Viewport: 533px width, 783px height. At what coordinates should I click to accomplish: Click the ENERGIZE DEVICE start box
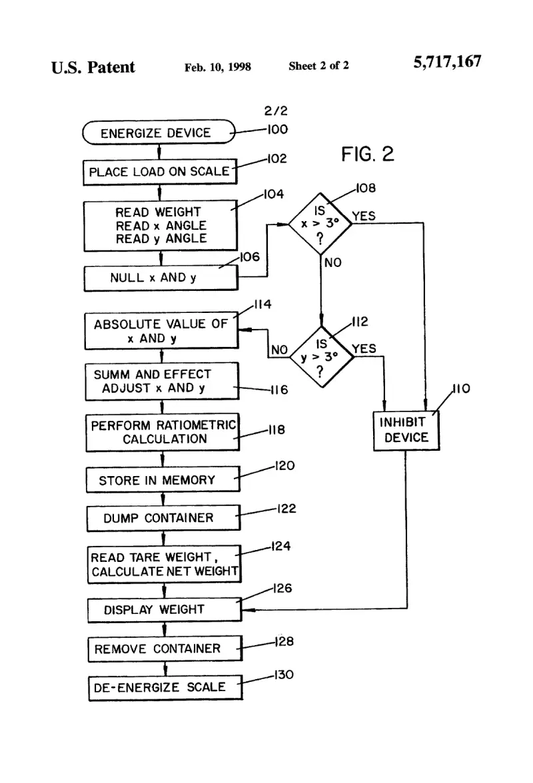159,132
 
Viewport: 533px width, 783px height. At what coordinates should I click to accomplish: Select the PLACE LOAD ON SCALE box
160,172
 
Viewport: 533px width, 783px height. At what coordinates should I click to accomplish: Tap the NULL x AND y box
161,278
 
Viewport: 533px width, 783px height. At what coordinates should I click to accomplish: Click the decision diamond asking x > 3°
320,224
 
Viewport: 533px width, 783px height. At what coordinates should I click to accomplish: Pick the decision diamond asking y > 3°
321,357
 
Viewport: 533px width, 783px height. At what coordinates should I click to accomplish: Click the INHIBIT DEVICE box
406,430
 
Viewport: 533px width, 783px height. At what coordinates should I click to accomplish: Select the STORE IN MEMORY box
163,479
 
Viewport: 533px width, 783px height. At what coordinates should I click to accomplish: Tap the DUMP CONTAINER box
163,518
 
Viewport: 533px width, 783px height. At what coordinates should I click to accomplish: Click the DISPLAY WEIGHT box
165,610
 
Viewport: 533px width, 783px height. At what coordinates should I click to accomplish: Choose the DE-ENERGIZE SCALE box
165,688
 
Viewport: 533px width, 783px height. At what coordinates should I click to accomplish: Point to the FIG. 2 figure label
368,154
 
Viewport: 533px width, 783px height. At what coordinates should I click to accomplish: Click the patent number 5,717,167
447,62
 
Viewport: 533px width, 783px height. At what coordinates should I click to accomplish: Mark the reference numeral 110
461,389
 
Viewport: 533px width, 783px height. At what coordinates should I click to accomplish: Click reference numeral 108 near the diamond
366,188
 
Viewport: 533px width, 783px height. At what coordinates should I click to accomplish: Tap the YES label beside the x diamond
364,216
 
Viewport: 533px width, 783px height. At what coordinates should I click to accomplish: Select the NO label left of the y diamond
279,350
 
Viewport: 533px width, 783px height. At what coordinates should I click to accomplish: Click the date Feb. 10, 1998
218,67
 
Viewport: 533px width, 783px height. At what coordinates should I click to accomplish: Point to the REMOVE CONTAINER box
165,649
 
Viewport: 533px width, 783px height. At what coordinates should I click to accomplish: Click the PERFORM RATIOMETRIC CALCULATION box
163,433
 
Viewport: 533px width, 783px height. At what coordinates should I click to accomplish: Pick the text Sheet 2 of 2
318,66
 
